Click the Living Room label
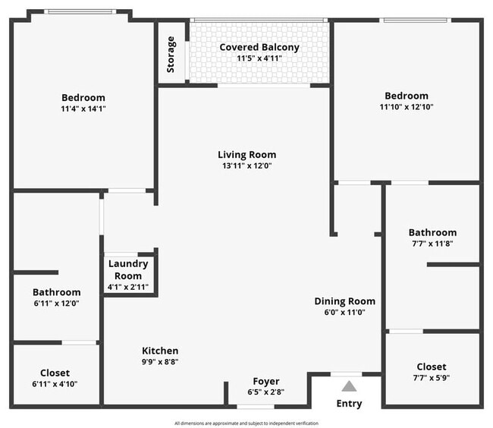point(246,155)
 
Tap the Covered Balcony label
point(259,47)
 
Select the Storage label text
point(171,55)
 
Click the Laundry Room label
point(128,270)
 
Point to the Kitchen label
point(160,351)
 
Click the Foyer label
point(266,381)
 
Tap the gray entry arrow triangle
point(349,386)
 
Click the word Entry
point(349,404)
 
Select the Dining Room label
point(344,301)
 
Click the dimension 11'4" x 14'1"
point(83,109)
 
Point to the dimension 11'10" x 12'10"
point(407,107)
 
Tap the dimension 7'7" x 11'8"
point(432,244)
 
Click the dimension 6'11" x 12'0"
point(57,304)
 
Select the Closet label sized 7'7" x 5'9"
point(432,367)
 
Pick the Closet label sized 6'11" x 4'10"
point(55,373)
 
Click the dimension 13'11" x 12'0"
point(246,165)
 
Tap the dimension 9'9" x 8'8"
point(160,362)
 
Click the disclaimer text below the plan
point(246,423)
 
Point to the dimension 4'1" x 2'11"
point(128,287)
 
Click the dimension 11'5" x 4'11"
point(259,58)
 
